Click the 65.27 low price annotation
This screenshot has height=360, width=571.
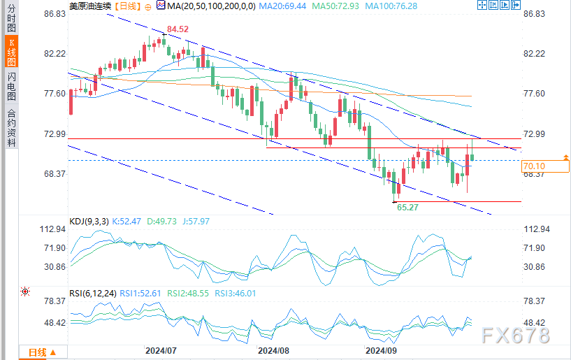(407, 208)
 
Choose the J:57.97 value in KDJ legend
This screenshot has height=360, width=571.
(194, 222)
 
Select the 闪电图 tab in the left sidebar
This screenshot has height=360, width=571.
(12, 85)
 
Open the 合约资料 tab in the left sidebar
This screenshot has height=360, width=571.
(12, 127)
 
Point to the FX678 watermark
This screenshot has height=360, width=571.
(516, 336)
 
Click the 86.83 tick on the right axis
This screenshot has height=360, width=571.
(535, 14)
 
